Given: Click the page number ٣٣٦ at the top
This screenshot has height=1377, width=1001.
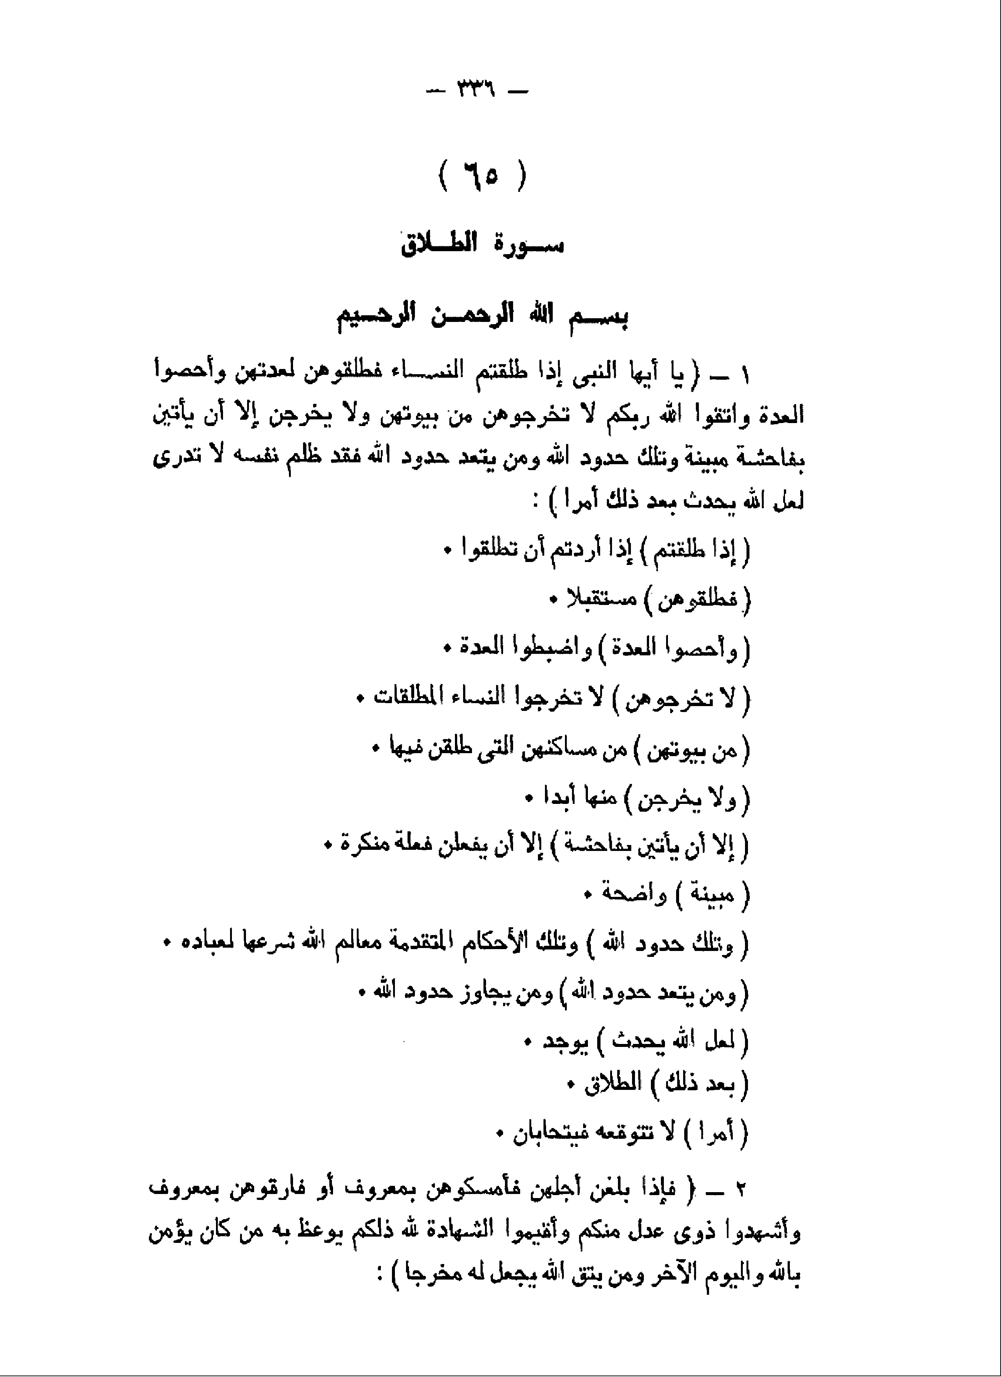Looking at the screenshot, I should pyautogui.click(x=476, y=93).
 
